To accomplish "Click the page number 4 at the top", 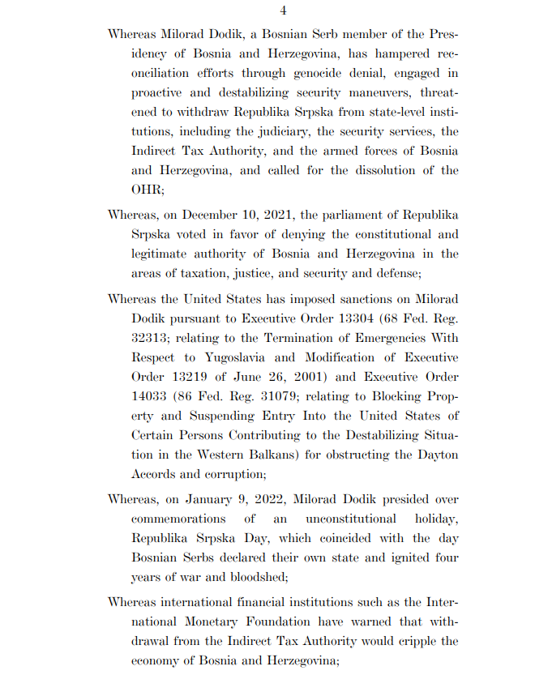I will [283, 11].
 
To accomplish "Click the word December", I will [213, 215].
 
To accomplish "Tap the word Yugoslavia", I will [247, 357].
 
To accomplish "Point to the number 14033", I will [152, 396].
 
